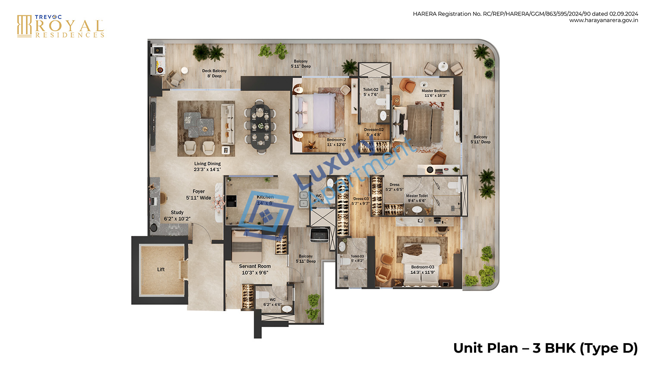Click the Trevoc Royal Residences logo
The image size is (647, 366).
point(60,26)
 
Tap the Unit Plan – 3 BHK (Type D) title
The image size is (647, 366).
point(545,348)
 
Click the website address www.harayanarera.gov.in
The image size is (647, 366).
point(603,20)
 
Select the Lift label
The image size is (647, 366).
point(161,269)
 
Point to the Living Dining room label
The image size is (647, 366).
point(207,167)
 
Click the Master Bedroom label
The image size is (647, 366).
point(435,93)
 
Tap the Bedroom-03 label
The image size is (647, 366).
point(422,269)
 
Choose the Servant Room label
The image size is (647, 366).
point(255,269)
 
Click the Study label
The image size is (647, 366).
point(177,215)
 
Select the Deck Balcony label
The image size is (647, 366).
point(214,73)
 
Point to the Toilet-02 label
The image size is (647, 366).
point(371,92)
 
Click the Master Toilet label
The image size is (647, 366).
point(417,198)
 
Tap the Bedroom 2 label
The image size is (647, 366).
point(336,142)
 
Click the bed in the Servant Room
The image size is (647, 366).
point(247,245)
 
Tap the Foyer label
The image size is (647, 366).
point(198,195)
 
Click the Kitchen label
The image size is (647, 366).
point(265,199)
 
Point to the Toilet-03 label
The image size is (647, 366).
point(357,258)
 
